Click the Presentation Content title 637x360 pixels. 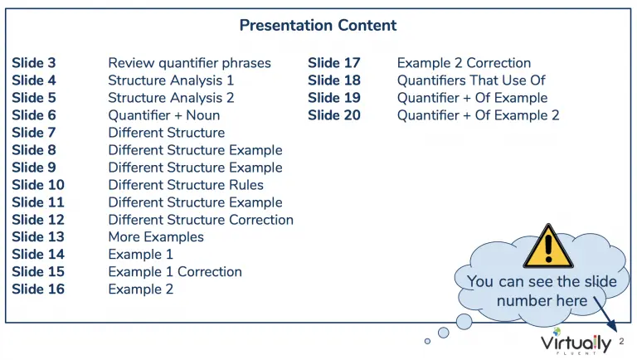318,25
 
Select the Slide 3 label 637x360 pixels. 34,63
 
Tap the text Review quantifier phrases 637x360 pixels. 189,63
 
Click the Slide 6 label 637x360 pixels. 34,115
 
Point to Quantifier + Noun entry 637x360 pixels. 163,115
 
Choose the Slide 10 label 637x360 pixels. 38,185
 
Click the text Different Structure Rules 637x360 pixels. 186,185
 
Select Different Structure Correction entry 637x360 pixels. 201,220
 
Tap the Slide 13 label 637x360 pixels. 38,237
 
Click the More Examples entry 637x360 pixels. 156,237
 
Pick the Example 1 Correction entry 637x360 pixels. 175,272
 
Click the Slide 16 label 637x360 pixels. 38,289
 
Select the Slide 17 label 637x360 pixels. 334,63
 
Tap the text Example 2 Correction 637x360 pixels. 464,63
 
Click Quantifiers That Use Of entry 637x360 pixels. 471,80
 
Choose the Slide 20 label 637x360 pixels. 334,115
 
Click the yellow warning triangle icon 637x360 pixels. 548,246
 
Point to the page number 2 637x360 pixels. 621,341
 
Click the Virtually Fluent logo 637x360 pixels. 576,341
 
